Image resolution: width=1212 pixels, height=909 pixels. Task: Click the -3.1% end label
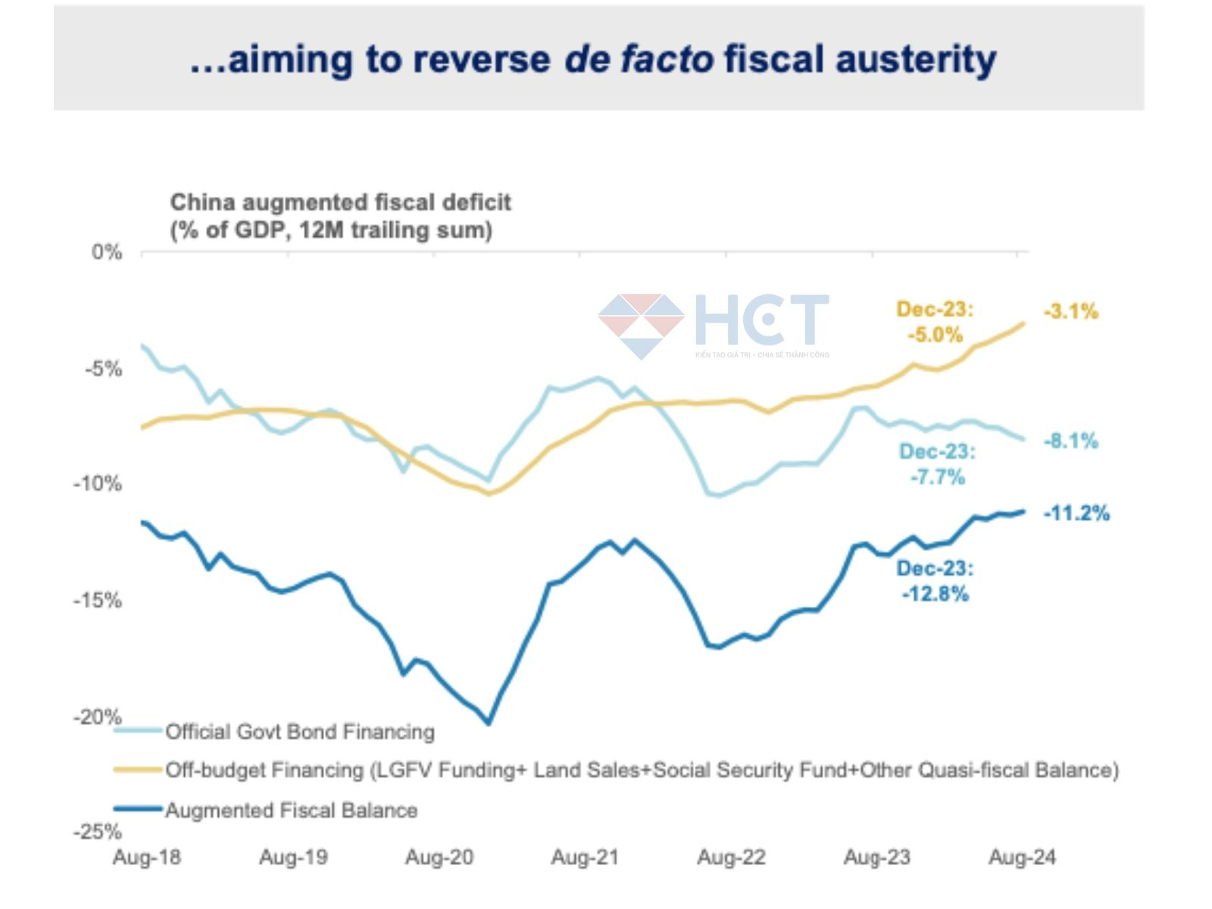click(1070, 311)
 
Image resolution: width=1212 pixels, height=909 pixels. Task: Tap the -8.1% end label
click(1070, 441)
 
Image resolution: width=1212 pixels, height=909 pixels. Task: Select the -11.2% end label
click(1076, 514)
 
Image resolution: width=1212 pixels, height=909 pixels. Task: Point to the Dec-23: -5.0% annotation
click(935, 322)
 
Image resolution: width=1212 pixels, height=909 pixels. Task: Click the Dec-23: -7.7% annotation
click(937, 464)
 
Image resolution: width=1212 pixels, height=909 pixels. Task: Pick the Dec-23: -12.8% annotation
click(935, 581)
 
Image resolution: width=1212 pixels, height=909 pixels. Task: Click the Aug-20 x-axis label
click(439, 857)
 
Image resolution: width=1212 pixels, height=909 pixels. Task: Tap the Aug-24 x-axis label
click(1022, 857)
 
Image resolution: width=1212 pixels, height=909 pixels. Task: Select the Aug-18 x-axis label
click(147, 857)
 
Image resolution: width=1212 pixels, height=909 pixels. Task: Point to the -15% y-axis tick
click(97, 601)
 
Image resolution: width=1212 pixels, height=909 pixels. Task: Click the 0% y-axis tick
click(107, 252)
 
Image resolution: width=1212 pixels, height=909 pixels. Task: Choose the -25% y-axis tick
click(97, 832)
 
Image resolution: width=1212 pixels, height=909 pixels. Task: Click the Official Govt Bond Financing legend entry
click(300, 732)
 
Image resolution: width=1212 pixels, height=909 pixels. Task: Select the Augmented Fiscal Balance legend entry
click(291, 811)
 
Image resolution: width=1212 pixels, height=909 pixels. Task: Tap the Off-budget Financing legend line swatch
click(139, 770)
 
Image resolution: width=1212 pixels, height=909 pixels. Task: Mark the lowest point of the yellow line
click(489, 494)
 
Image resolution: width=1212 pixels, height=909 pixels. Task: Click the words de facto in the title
click(639, 59)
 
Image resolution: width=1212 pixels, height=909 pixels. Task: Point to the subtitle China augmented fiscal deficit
click(340, 202)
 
